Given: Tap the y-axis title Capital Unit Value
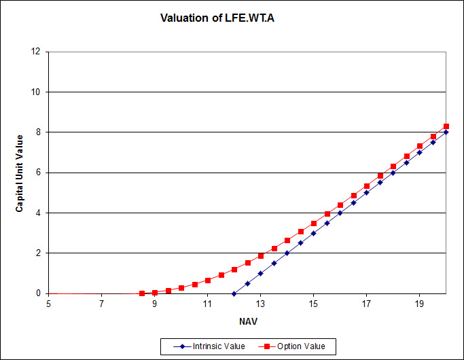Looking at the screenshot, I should [x=20, y=173].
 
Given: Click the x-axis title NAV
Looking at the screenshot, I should [x=247, y=320].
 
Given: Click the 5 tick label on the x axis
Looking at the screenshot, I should [x=48, y=304].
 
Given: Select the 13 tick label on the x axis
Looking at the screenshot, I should [x=260, y=304].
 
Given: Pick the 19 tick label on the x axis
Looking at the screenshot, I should [x=420, y=304].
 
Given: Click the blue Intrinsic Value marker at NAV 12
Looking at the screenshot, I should [x=234, y=293].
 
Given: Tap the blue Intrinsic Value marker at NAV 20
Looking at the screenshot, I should [x=446, y=132].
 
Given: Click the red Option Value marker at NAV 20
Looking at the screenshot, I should [x=446, y=126].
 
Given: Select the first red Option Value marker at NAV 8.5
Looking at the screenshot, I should [x=141, y=293].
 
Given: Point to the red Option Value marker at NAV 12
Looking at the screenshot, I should [x=234, y=270].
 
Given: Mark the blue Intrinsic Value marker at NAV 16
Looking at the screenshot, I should [x=340, y=213].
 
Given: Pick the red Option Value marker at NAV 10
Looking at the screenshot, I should [x=181, y=288].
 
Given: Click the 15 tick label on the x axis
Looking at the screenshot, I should [x=313, y=304].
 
